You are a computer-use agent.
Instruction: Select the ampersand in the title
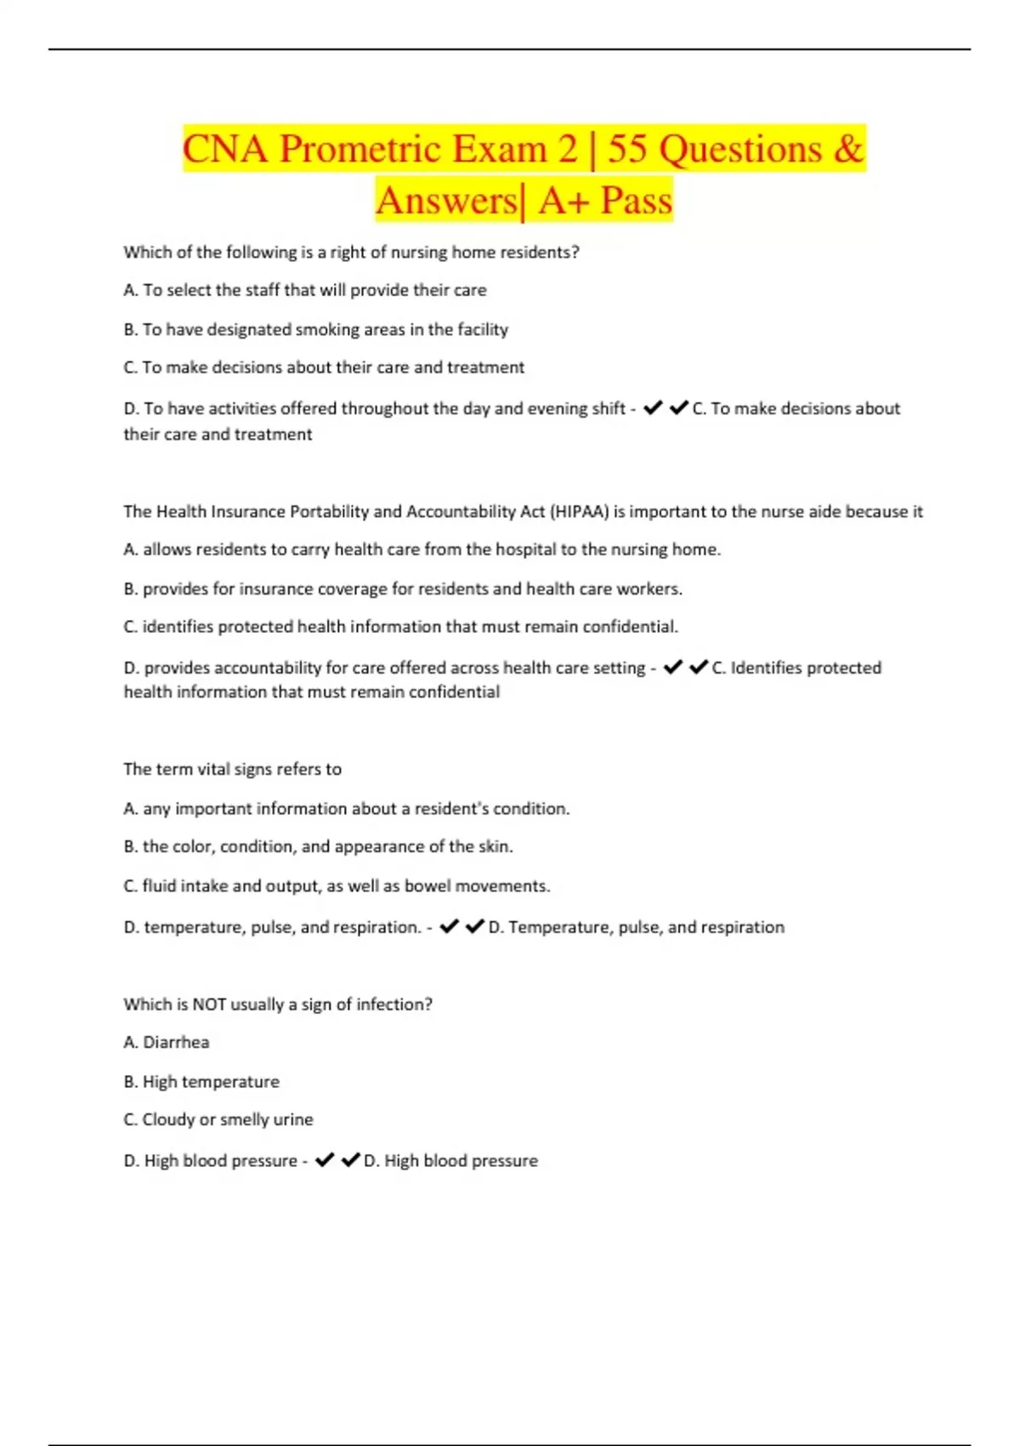[848, 150]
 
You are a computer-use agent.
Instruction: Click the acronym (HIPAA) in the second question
[580, 511]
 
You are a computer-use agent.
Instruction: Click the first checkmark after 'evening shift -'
[653, 408]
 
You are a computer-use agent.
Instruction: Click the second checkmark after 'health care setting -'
[699, 668]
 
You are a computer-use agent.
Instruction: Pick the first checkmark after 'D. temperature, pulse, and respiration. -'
[449, 926]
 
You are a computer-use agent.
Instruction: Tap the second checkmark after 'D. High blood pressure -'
[350, 1160]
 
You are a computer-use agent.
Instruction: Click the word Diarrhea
[176, 1042]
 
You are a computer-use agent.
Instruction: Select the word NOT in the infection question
[209, 1005]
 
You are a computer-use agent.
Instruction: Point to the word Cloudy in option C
[167, 1119]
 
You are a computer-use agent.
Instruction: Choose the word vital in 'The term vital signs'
[212, 769]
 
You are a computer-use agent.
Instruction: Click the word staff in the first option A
[263, 290]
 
